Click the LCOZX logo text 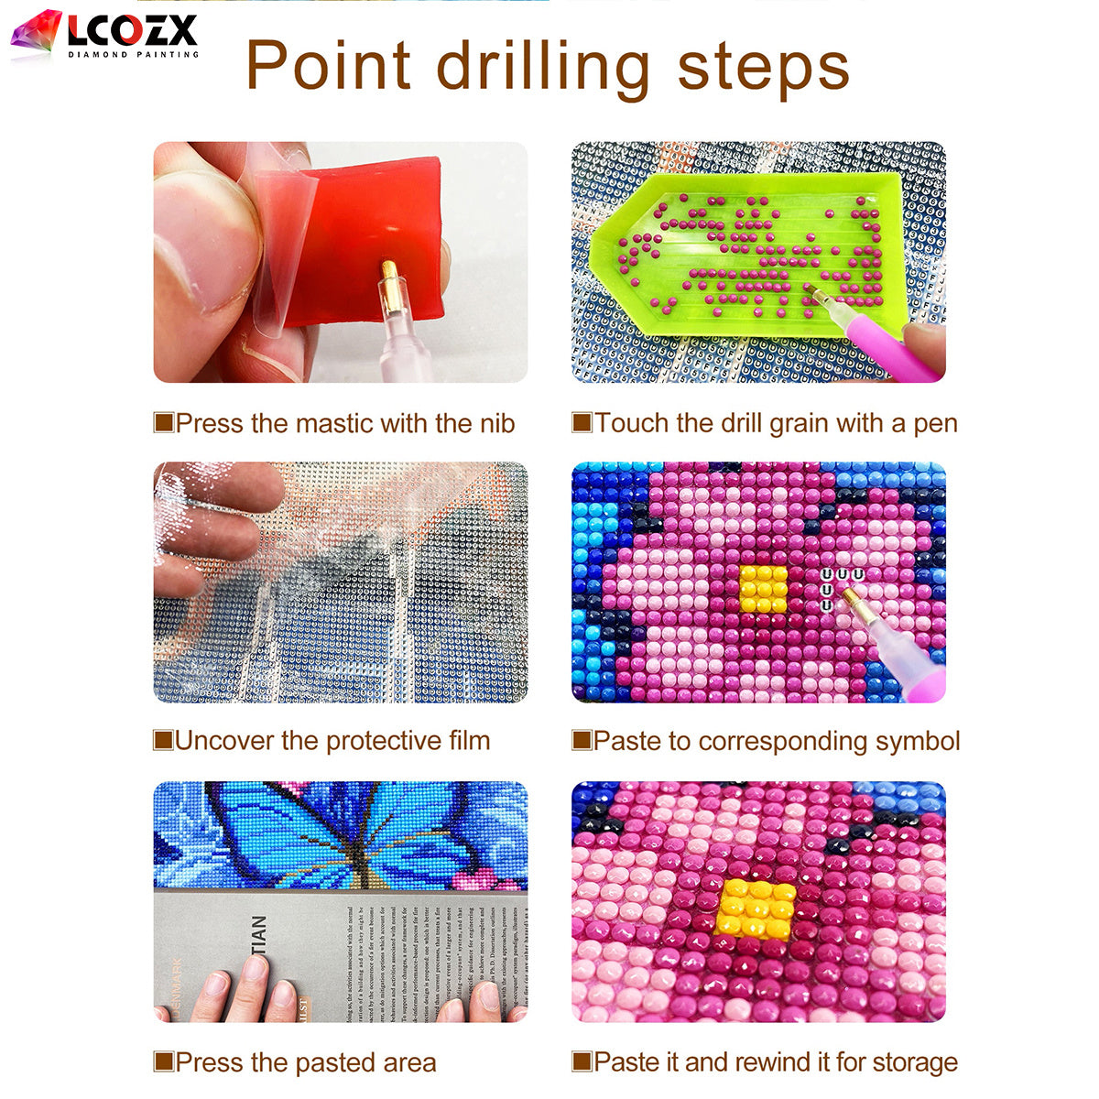tap(131, 32)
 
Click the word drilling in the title tap(542, 66)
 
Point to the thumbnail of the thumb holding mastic tap(206, 238)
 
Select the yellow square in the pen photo tap(763, 589)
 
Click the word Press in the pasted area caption tap(209, 1062)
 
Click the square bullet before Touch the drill tap(582, 422)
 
